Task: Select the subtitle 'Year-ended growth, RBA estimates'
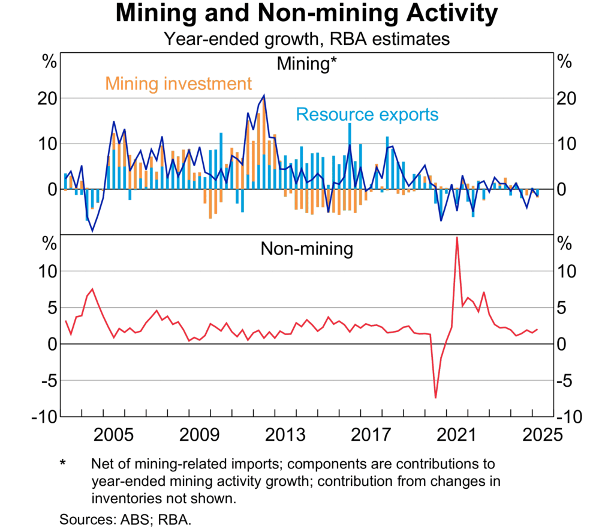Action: tap(306, 40)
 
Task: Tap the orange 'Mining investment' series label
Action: tap(179, 83)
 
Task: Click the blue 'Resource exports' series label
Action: tap(367, 114)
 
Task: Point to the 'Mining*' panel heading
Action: tap(306, 63)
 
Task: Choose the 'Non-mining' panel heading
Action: tap(306, 249)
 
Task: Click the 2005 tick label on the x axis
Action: tap(114, 434)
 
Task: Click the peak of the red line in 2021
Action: tap(457, 237)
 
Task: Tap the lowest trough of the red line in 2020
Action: tap(436, 398)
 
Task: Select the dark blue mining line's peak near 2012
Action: tap(264, 95)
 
